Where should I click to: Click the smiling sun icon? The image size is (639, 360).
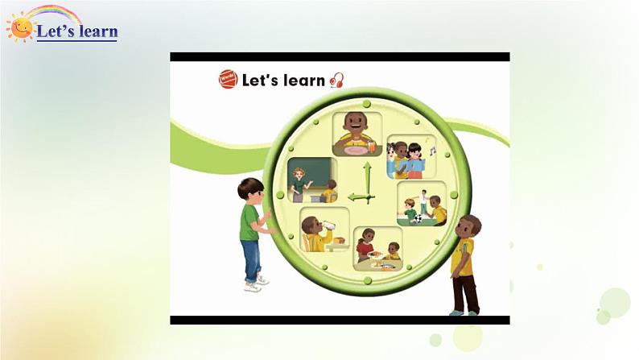tap(20, 27)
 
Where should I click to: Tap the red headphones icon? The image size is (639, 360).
tap(337, 81)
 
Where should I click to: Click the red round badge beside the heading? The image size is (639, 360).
tap(228, 79)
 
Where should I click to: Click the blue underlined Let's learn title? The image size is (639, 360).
tap(77, 31)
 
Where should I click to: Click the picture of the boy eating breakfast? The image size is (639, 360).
tap(357, 134)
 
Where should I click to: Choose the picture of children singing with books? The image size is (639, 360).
tap(411, 157)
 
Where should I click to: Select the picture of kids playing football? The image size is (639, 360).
tap(422, 204)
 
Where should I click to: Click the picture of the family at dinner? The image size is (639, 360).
tap(377, 249)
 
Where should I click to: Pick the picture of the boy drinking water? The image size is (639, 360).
tap(325, 230)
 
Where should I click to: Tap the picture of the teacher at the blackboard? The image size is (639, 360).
tap(312, 180)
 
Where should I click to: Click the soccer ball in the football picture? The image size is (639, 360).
tap(418, 219)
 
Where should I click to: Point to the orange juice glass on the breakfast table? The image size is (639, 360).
tap(371, 146)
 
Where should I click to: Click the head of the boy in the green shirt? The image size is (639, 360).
tap(251, 191)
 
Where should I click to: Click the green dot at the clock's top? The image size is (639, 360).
tap(367, 104)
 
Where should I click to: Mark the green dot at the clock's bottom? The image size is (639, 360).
tap(368, 280)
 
